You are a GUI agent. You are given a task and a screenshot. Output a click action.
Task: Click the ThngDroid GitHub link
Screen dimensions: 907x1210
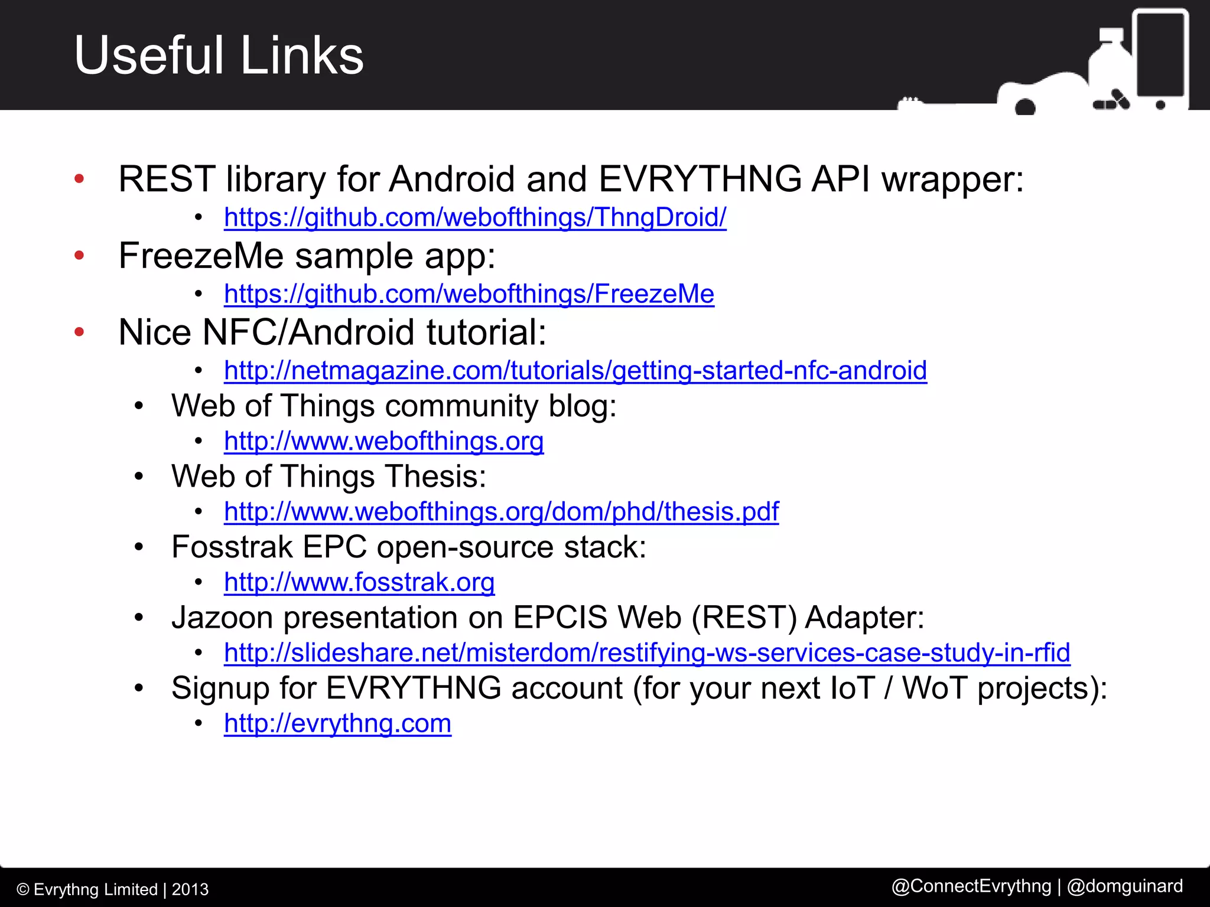point(474,217)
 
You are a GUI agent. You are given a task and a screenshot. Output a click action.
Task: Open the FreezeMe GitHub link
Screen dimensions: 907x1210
point(469,294)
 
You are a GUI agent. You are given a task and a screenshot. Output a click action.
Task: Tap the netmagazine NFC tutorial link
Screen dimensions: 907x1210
point(575,371)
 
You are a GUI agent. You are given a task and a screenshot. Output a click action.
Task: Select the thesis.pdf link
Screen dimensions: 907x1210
point(501,512)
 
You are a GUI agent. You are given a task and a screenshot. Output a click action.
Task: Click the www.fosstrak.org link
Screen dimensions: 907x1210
point(359,583)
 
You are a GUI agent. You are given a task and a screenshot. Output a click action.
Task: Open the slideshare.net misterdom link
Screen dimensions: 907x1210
point(647,653)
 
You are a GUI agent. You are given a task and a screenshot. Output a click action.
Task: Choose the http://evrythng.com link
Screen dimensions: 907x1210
point(337,723)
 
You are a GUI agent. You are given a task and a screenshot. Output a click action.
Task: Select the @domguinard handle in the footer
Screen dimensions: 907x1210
point(1125,886)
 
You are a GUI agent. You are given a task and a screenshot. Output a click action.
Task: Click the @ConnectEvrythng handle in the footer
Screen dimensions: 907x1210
point(971,886)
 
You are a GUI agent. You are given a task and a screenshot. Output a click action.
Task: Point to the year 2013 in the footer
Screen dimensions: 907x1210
point(190,889)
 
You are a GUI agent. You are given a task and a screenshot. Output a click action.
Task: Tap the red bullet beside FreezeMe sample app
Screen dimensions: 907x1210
point(79,256)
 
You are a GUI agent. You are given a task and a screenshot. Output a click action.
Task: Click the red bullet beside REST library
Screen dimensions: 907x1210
point(79,179)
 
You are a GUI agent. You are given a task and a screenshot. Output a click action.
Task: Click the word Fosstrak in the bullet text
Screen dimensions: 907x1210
point(232,547)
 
